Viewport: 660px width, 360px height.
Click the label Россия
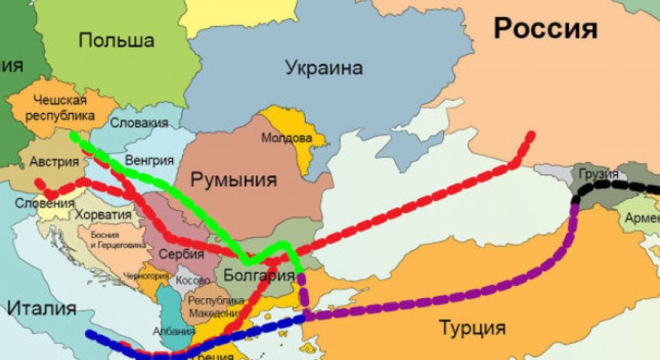pyautogui.click(x=545, y=28)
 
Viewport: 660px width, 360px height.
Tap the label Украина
pyautogui.click(x=323, y=68)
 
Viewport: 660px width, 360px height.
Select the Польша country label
pyautogui.click(x=117, y=41)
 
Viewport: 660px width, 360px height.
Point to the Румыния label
pyautogui.click(x=233, y=180)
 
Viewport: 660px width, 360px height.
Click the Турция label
pyautogui.click(x=472, y=329)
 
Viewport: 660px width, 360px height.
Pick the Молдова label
pyautogui.click(x=287, y=138)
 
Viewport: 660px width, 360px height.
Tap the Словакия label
pyautogui.click(x=139, y=122)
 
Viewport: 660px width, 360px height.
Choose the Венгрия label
pyautogui.click(x=150, y=161)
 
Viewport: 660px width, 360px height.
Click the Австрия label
pyautogui.click(x=54, y=162)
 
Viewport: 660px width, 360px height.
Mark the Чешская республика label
pyautogui.click(x=63, y=108)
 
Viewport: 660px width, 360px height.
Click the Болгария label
pyautogui.click(x=259, y=274)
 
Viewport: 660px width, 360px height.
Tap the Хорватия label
pyautogui.click(x=104, y=216)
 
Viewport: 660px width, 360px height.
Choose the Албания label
pyautogui.click(x=168, y=331)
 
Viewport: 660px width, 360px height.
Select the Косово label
pyautogui.click(x=192, y=281)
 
